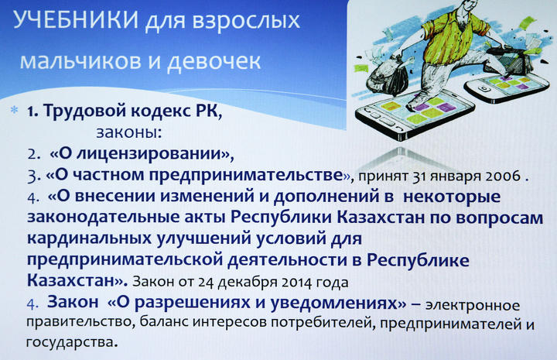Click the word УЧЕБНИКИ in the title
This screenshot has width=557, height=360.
coord(75,20)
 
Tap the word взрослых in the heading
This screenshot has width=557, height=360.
coord(246,22)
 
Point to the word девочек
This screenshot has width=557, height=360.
coord(214,60)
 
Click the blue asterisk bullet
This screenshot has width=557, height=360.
coord(15,110)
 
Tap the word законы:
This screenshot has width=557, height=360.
coord(129,132)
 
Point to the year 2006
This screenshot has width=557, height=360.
coord(503,176)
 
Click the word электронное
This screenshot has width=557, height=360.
coord(473,306)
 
